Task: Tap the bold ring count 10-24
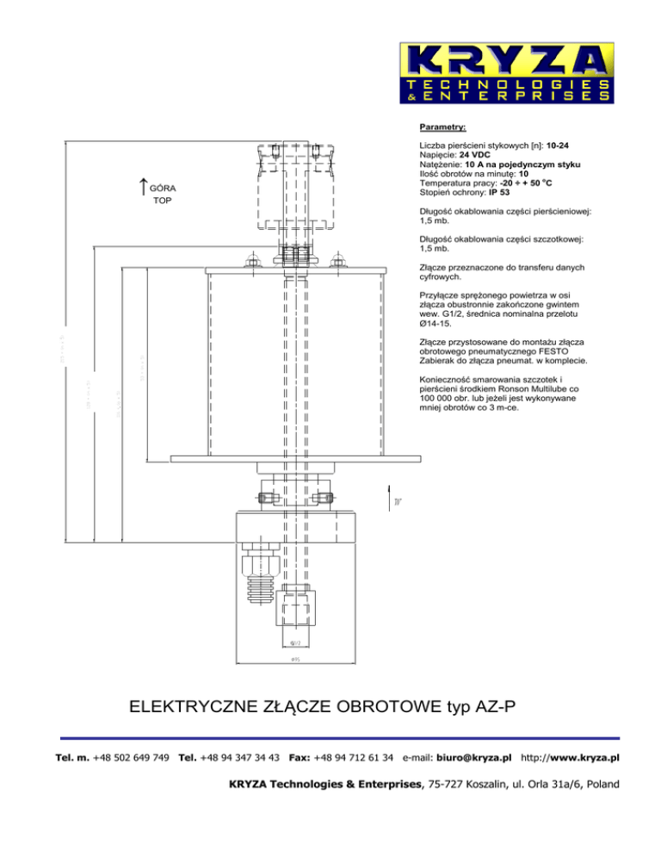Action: click(x=561, y=146)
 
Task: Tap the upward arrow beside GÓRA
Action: click(x=143, y=184)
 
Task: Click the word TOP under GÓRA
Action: click(x=163, y=201)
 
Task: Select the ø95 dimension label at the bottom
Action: click(x=296, y=660)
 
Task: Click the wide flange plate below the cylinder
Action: click(x=296, y=458)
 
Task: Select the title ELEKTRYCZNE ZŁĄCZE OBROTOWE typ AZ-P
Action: click(x=321, y=708)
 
